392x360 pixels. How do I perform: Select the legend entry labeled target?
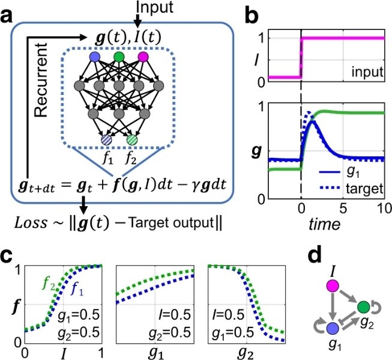(x=366, y=188)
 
